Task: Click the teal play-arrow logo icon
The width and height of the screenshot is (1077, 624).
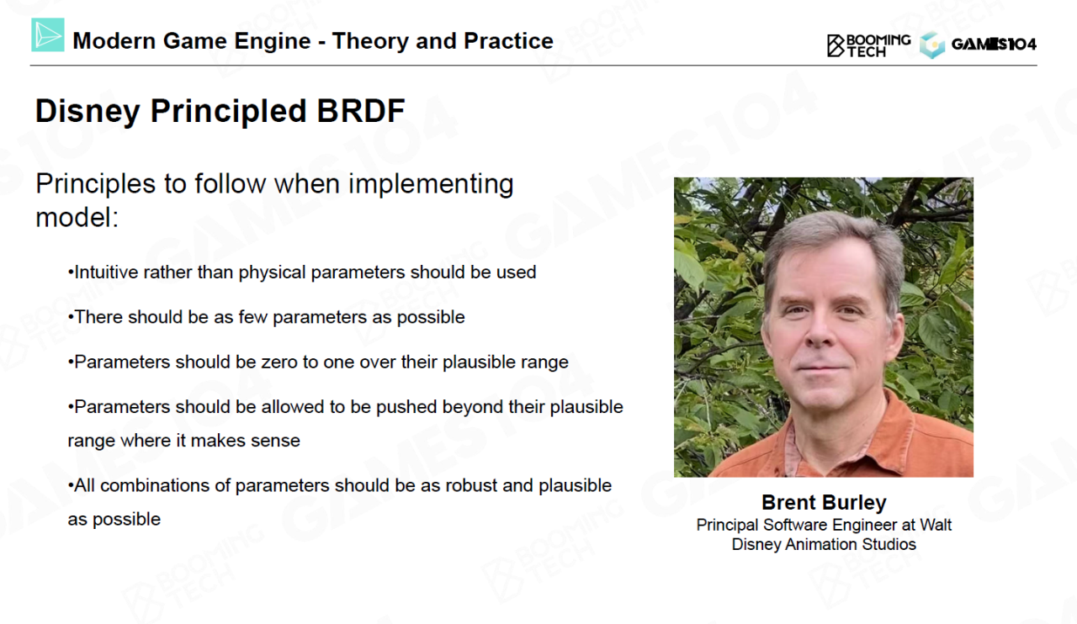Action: coord(48,34)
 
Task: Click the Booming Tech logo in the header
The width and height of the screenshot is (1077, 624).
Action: coord(868,45)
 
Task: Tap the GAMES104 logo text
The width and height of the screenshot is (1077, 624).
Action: coord(994,45)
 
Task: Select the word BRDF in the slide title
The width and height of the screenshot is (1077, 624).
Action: coord(361,110)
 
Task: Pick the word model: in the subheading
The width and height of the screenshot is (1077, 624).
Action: coord(77,217)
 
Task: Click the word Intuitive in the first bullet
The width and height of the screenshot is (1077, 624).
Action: coord(106,272)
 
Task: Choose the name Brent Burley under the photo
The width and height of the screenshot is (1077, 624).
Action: coord(824,502)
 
